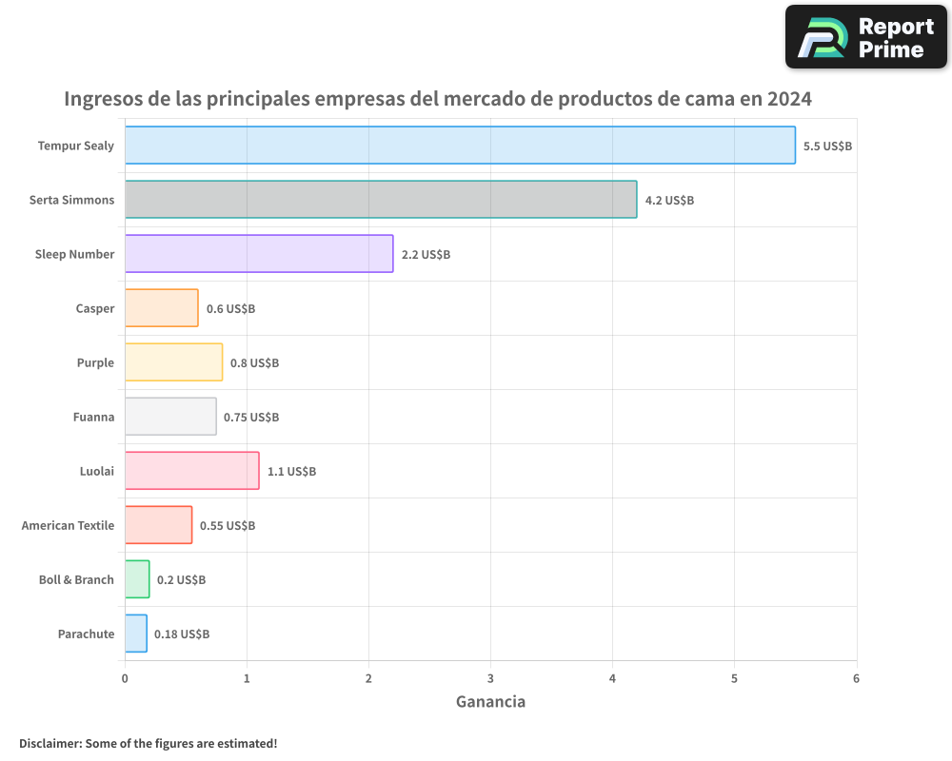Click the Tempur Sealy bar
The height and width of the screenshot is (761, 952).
(460, 146)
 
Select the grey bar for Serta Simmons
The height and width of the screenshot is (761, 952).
(381, 200)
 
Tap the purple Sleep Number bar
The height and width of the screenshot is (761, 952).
(259, 254)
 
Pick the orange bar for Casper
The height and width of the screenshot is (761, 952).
(162, 308)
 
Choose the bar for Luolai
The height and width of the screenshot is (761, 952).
(191, 471)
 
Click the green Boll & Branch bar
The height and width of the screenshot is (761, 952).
(137, 579)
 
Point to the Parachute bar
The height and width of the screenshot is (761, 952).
(136, 634)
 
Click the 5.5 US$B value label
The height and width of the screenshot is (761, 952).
(827, 146)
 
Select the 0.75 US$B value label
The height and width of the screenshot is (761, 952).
(251, 417)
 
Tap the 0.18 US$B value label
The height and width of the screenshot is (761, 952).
(182, 634)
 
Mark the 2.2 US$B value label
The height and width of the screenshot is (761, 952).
(426, 255)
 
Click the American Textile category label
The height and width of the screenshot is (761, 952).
(68, 525)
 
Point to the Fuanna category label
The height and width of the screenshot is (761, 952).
(93, 417)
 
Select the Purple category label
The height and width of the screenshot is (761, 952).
(95, 362)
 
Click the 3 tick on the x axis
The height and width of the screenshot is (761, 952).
(490, 678)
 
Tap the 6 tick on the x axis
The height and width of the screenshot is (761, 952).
(856, 678)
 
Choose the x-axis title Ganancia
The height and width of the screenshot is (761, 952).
(490, 702)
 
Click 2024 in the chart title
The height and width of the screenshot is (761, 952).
(789, 99)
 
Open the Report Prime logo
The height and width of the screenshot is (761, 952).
(865, 37)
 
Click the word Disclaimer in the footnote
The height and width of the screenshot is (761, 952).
(49, 743)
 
